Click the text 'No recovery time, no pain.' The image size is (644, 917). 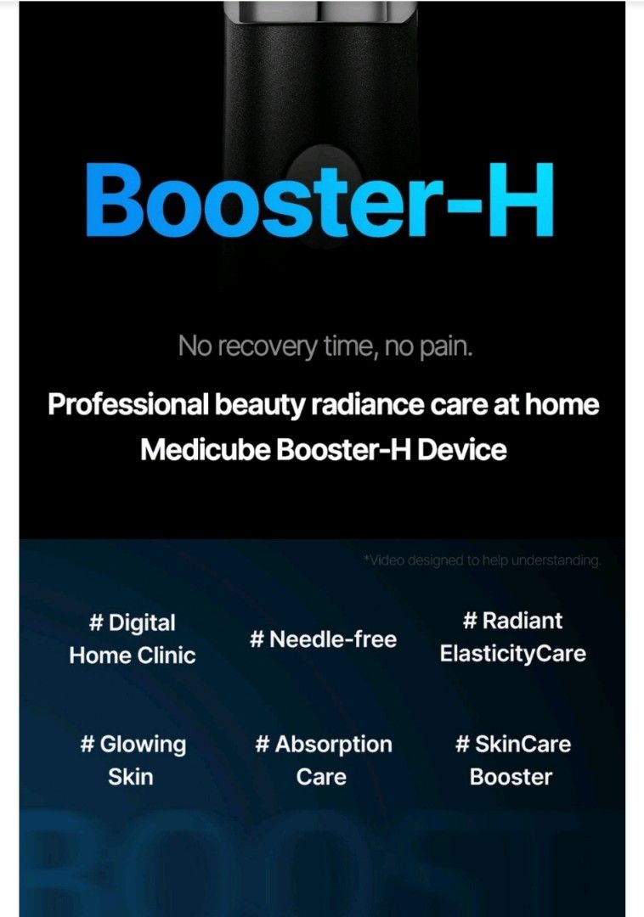(324, 346)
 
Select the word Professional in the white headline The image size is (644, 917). (127, 404)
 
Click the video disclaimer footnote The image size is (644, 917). (482, 560)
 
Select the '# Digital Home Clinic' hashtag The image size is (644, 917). (133, 639)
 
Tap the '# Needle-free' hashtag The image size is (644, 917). (323, 639)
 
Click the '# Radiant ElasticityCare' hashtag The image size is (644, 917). (512, 637)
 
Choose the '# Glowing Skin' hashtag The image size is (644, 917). (133, 760)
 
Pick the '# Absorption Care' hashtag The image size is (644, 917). (323, 760)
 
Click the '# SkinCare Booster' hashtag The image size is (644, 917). (512, 760)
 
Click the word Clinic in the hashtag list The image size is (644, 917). (167, 655)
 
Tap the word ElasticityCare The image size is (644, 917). (512, 654)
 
